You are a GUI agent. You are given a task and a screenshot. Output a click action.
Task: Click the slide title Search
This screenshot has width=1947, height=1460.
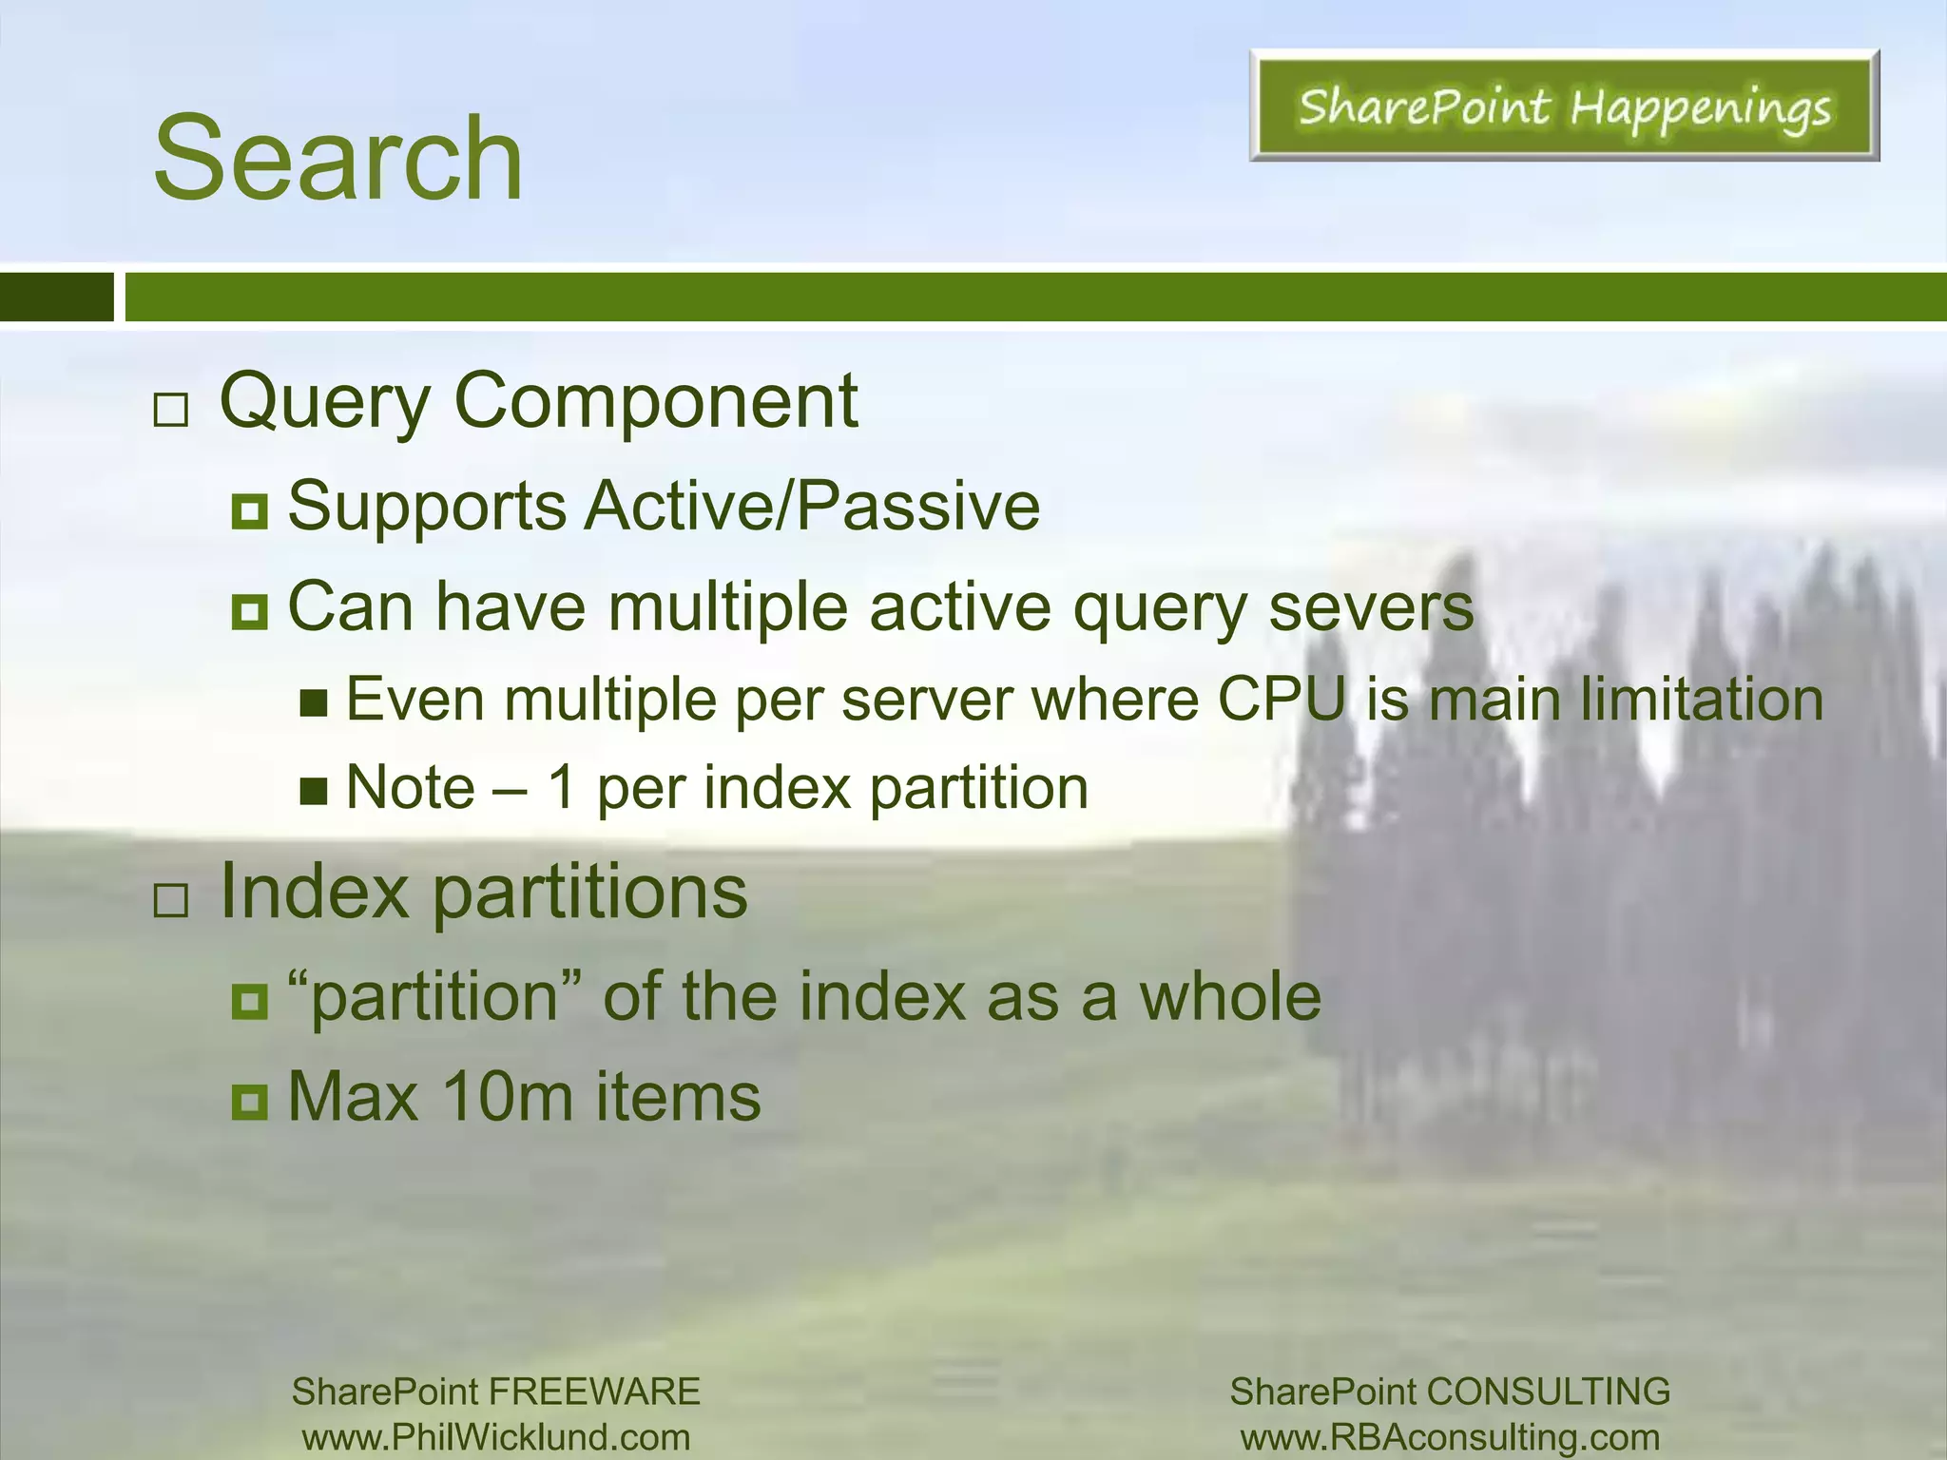pyautogui.click(x=338, y=158)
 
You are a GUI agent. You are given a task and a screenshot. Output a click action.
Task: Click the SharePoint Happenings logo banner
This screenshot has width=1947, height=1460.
pyautogui.click(x=1564, y=106)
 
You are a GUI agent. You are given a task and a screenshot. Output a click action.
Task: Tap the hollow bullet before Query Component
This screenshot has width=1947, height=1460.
pyautogui.click(x=171, y=411)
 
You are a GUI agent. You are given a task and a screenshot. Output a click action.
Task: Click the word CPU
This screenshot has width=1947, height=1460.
pyautogui.click(x=1282, y=700)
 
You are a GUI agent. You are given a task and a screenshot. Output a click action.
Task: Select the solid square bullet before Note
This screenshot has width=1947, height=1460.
pyautogui.click(x=313, y=790)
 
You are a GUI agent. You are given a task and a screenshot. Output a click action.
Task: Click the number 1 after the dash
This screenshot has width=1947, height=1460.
pyautogui.click(x=563, y=788)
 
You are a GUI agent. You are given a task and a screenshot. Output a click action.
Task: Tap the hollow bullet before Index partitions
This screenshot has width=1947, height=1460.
pyautogui.click(x=171, y=899)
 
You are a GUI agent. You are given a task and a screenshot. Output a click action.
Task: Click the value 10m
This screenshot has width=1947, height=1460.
pyautogui.click(x=507, y=1097)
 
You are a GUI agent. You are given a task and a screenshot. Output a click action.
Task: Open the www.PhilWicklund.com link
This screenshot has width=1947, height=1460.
pyautogui.click(x=496, y=1437)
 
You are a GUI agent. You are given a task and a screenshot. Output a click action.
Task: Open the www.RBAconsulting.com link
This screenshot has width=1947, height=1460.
pyautogui.click(x=1451, y=1437)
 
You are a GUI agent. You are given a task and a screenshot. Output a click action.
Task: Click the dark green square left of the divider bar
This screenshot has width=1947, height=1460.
pyautogui.click(x=56, y=297)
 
